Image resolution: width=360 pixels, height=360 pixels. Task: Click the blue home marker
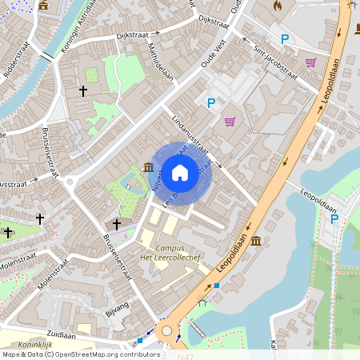(x=180, y=172)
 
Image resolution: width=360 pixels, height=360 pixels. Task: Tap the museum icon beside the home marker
(x=150, y=166)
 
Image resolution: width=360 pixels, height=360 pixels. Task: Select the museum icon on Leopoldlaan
(x=255, y=241)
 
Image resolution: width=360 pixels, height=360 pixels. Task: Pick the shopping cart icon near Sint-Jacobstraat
(x=310, y=62)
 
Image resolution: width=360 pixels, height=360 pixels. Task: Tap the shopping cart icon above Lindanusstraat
(x=230, y=122)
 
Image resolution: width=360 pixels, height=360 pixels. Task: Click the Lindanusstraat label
(x=190, y=132)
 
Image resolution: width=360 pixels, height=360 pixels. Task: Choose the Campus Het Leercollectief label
(x=177, y=254)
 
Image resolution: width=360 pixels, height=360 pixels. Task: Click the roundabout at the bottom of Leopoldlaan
(x=167, y=330)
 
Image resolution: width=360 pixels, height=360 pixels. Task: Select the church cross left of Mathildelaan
(x=83, y=91)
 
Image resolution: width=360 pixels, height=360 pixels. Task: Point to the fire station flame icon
(x=278, y=6)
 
